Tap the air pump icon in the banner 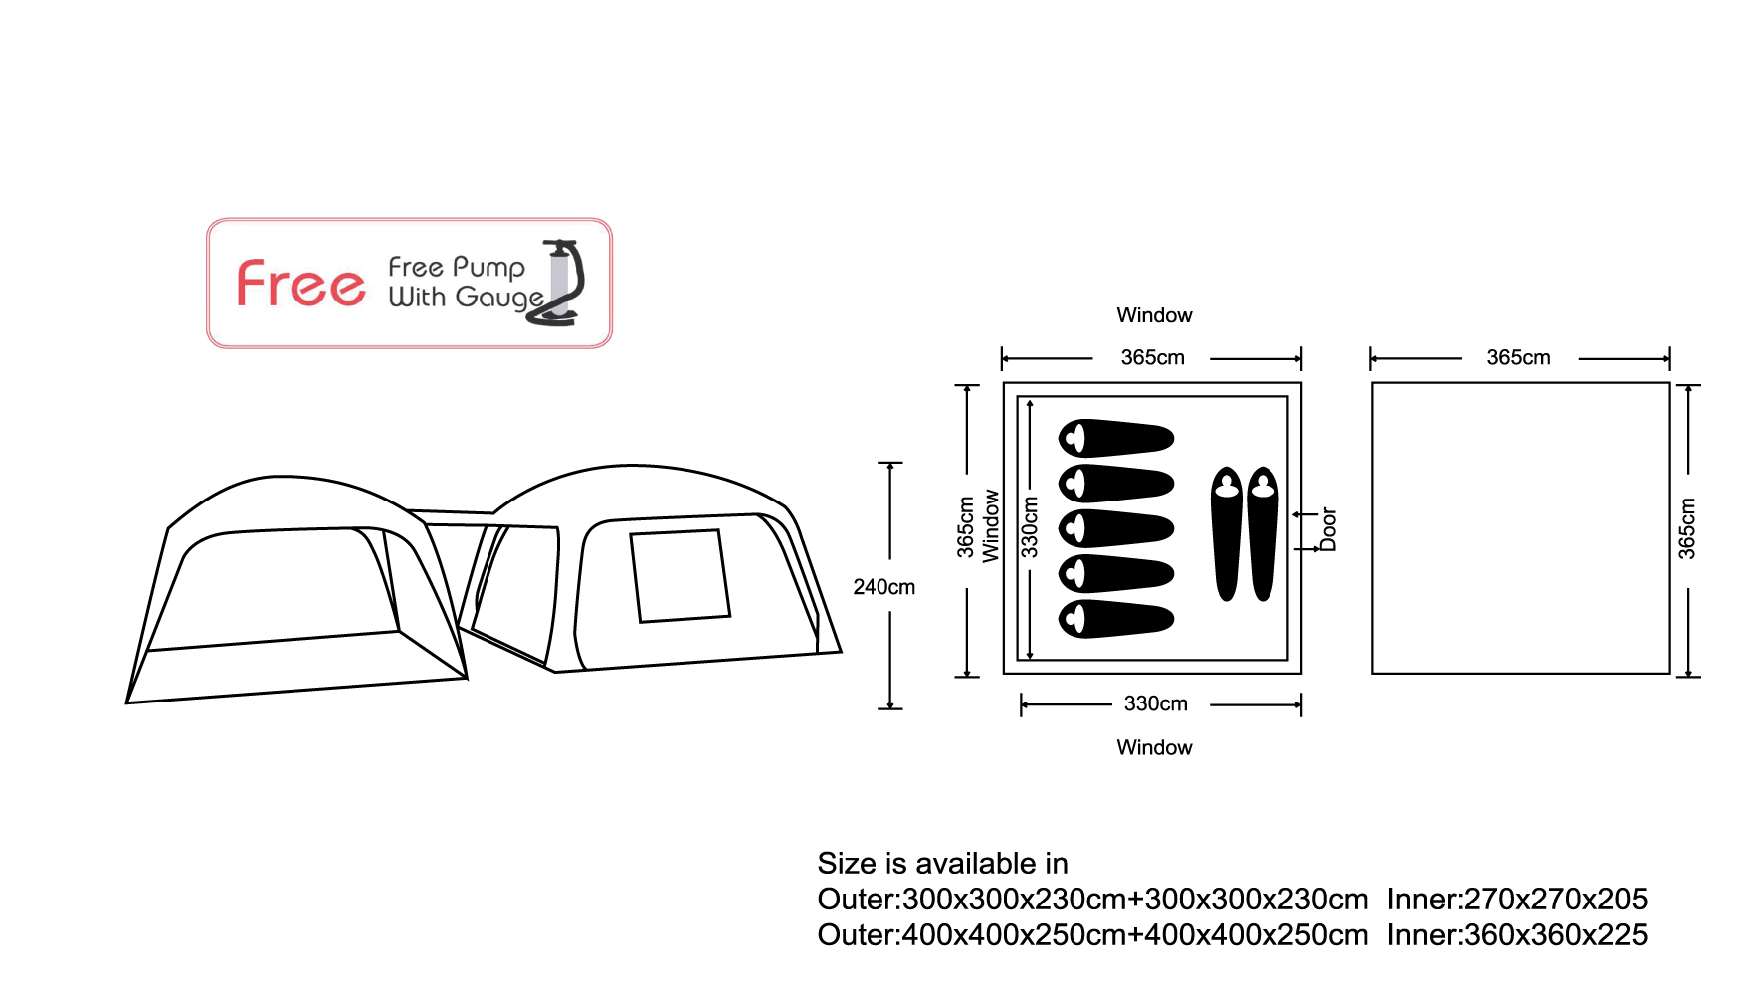click(563, 284)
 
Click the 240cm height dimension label click(883, 587)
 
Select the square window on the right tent click(681, 576)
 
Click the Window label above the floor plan click(1154, 315)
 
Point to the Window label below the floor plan click(1154, 747)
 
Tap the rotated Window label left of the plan click(991, 526)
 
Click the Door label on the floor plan click(1328, 529)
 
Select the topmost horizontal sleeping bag click(1116, 438)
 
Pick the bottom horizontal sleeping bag click(1116, 618)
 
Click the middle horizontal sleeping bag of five click(1116, 528)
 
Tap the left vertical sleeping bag click(1227, 533)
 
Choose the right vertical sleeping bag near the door click(1263, 533)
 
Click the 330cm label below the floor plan click(1155, 703)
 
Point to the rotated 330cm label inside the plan click(1030, 526)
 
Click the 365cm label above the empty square click(1518, 357)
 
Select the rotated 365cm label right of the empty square click(1687, 528)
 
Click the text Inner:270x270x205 click(1516, 900)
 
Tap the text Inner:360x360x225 click(1516, 935)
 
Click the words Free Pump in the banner click(457, 267)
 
